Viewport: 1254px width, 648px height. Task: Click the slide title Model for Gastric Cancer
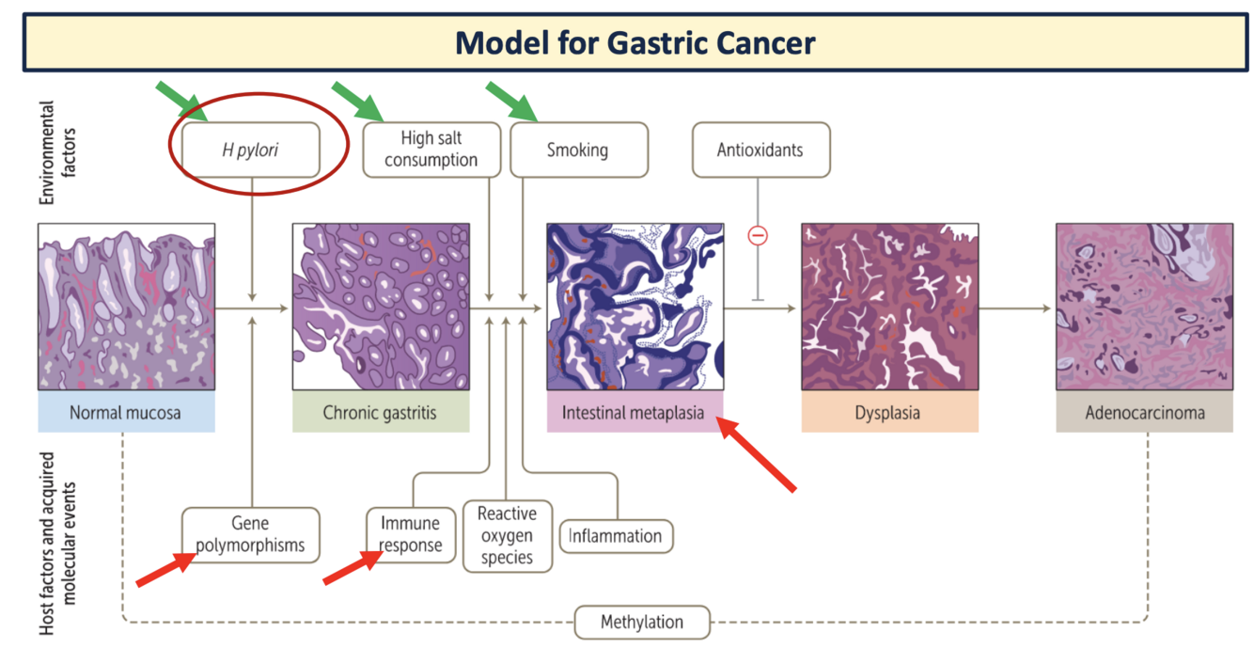coord(635,42)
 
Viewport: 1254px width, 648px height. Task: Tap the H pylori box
coord(250,150)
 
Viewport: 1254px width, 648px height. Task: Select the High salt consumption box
coord(431,150)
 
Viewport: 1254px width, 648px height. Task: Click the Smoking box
coord(578,150)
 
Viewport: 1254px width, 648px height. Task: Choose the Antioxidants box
coord(760,150)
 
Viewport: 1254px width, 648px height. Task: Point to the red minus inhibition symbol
coord(758,235)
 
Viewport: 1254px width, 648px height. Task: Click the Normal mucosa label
coord(126,412)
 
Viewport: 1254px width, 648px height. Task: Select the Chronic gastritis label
coord(380,412)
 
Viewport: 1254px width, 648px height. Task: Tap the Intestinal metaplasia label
coord(635,412)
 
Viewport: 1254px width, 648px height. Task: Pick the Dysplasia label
coord(888,412)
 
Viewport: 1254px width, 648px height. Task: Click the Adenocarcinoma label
coord(1144,412)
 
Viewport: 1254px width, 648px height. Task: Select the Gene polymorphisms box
coord(250,534)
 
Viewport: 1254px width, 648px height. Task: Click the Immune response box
coord(410,534)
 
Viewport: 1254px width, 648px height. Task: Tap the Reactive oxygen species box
coord(507,535)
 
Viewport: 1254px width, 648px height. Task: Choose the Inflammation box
coord(616,536)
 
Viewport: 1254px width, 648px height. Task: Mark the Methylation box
coord(642,622)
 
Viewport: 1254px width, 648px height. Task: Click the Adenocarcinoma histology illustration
coord(1144,307)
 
